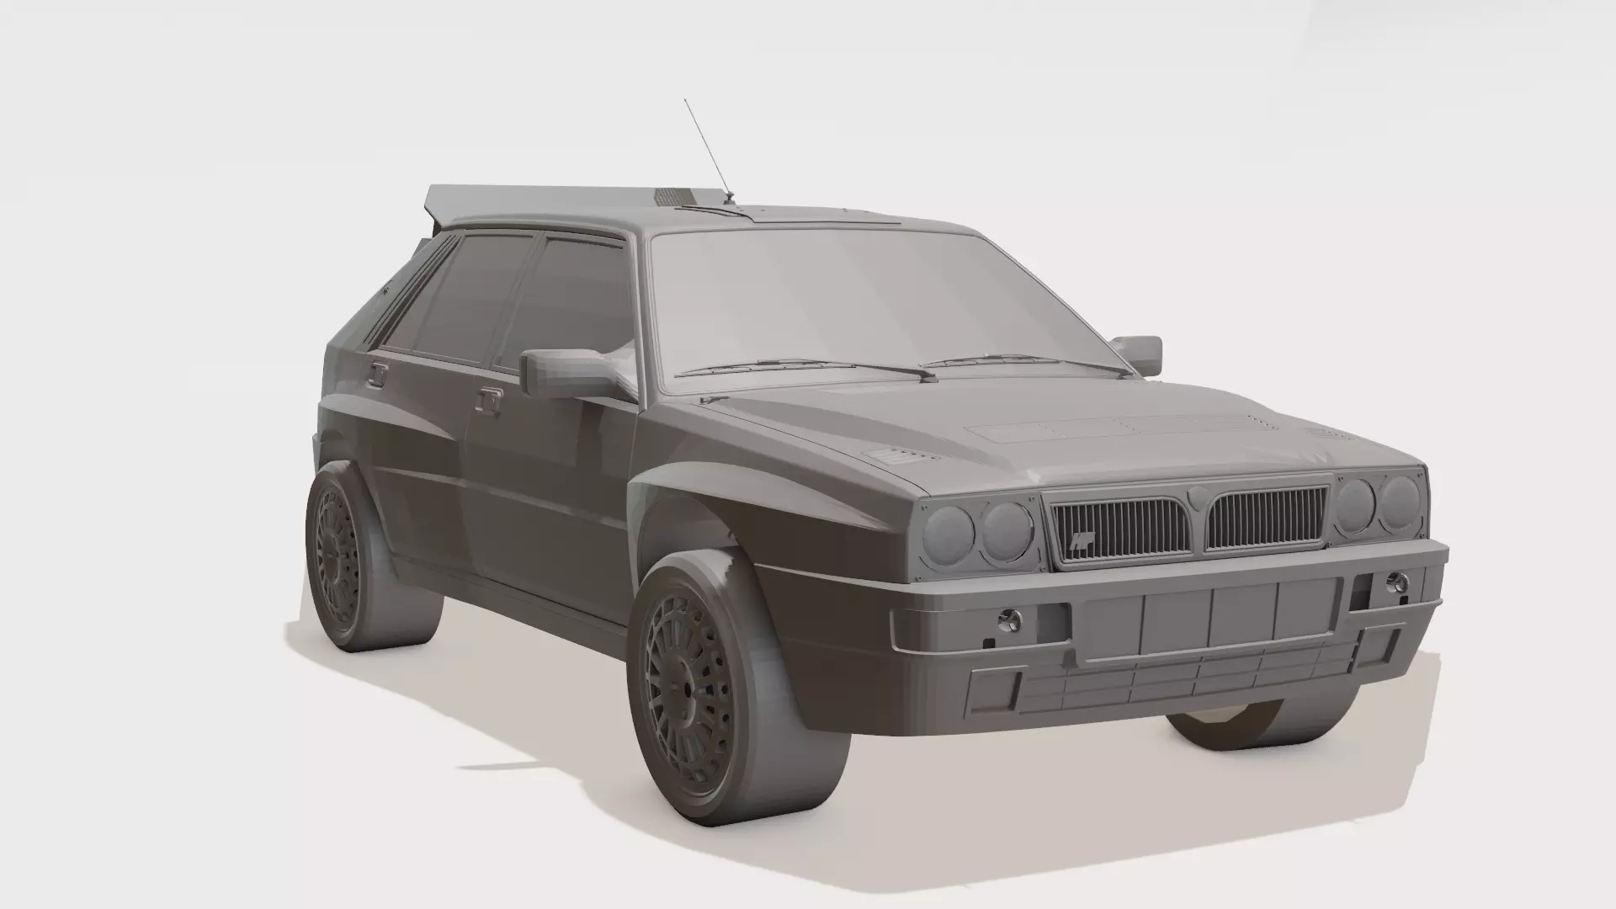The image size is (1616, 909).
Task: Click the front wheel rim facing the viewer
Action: click(x=690, y=686)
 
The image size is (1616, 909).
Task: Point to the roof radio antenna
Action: click(x=707, y=151)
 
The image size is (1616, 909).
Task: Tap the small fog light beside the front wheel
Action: click(x=1008, y=621)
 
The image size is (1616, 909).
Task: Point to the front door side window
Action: click(x=572, y=295)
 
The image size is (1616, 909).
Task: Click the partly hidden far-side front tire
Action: click(x=1220, y=728)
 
